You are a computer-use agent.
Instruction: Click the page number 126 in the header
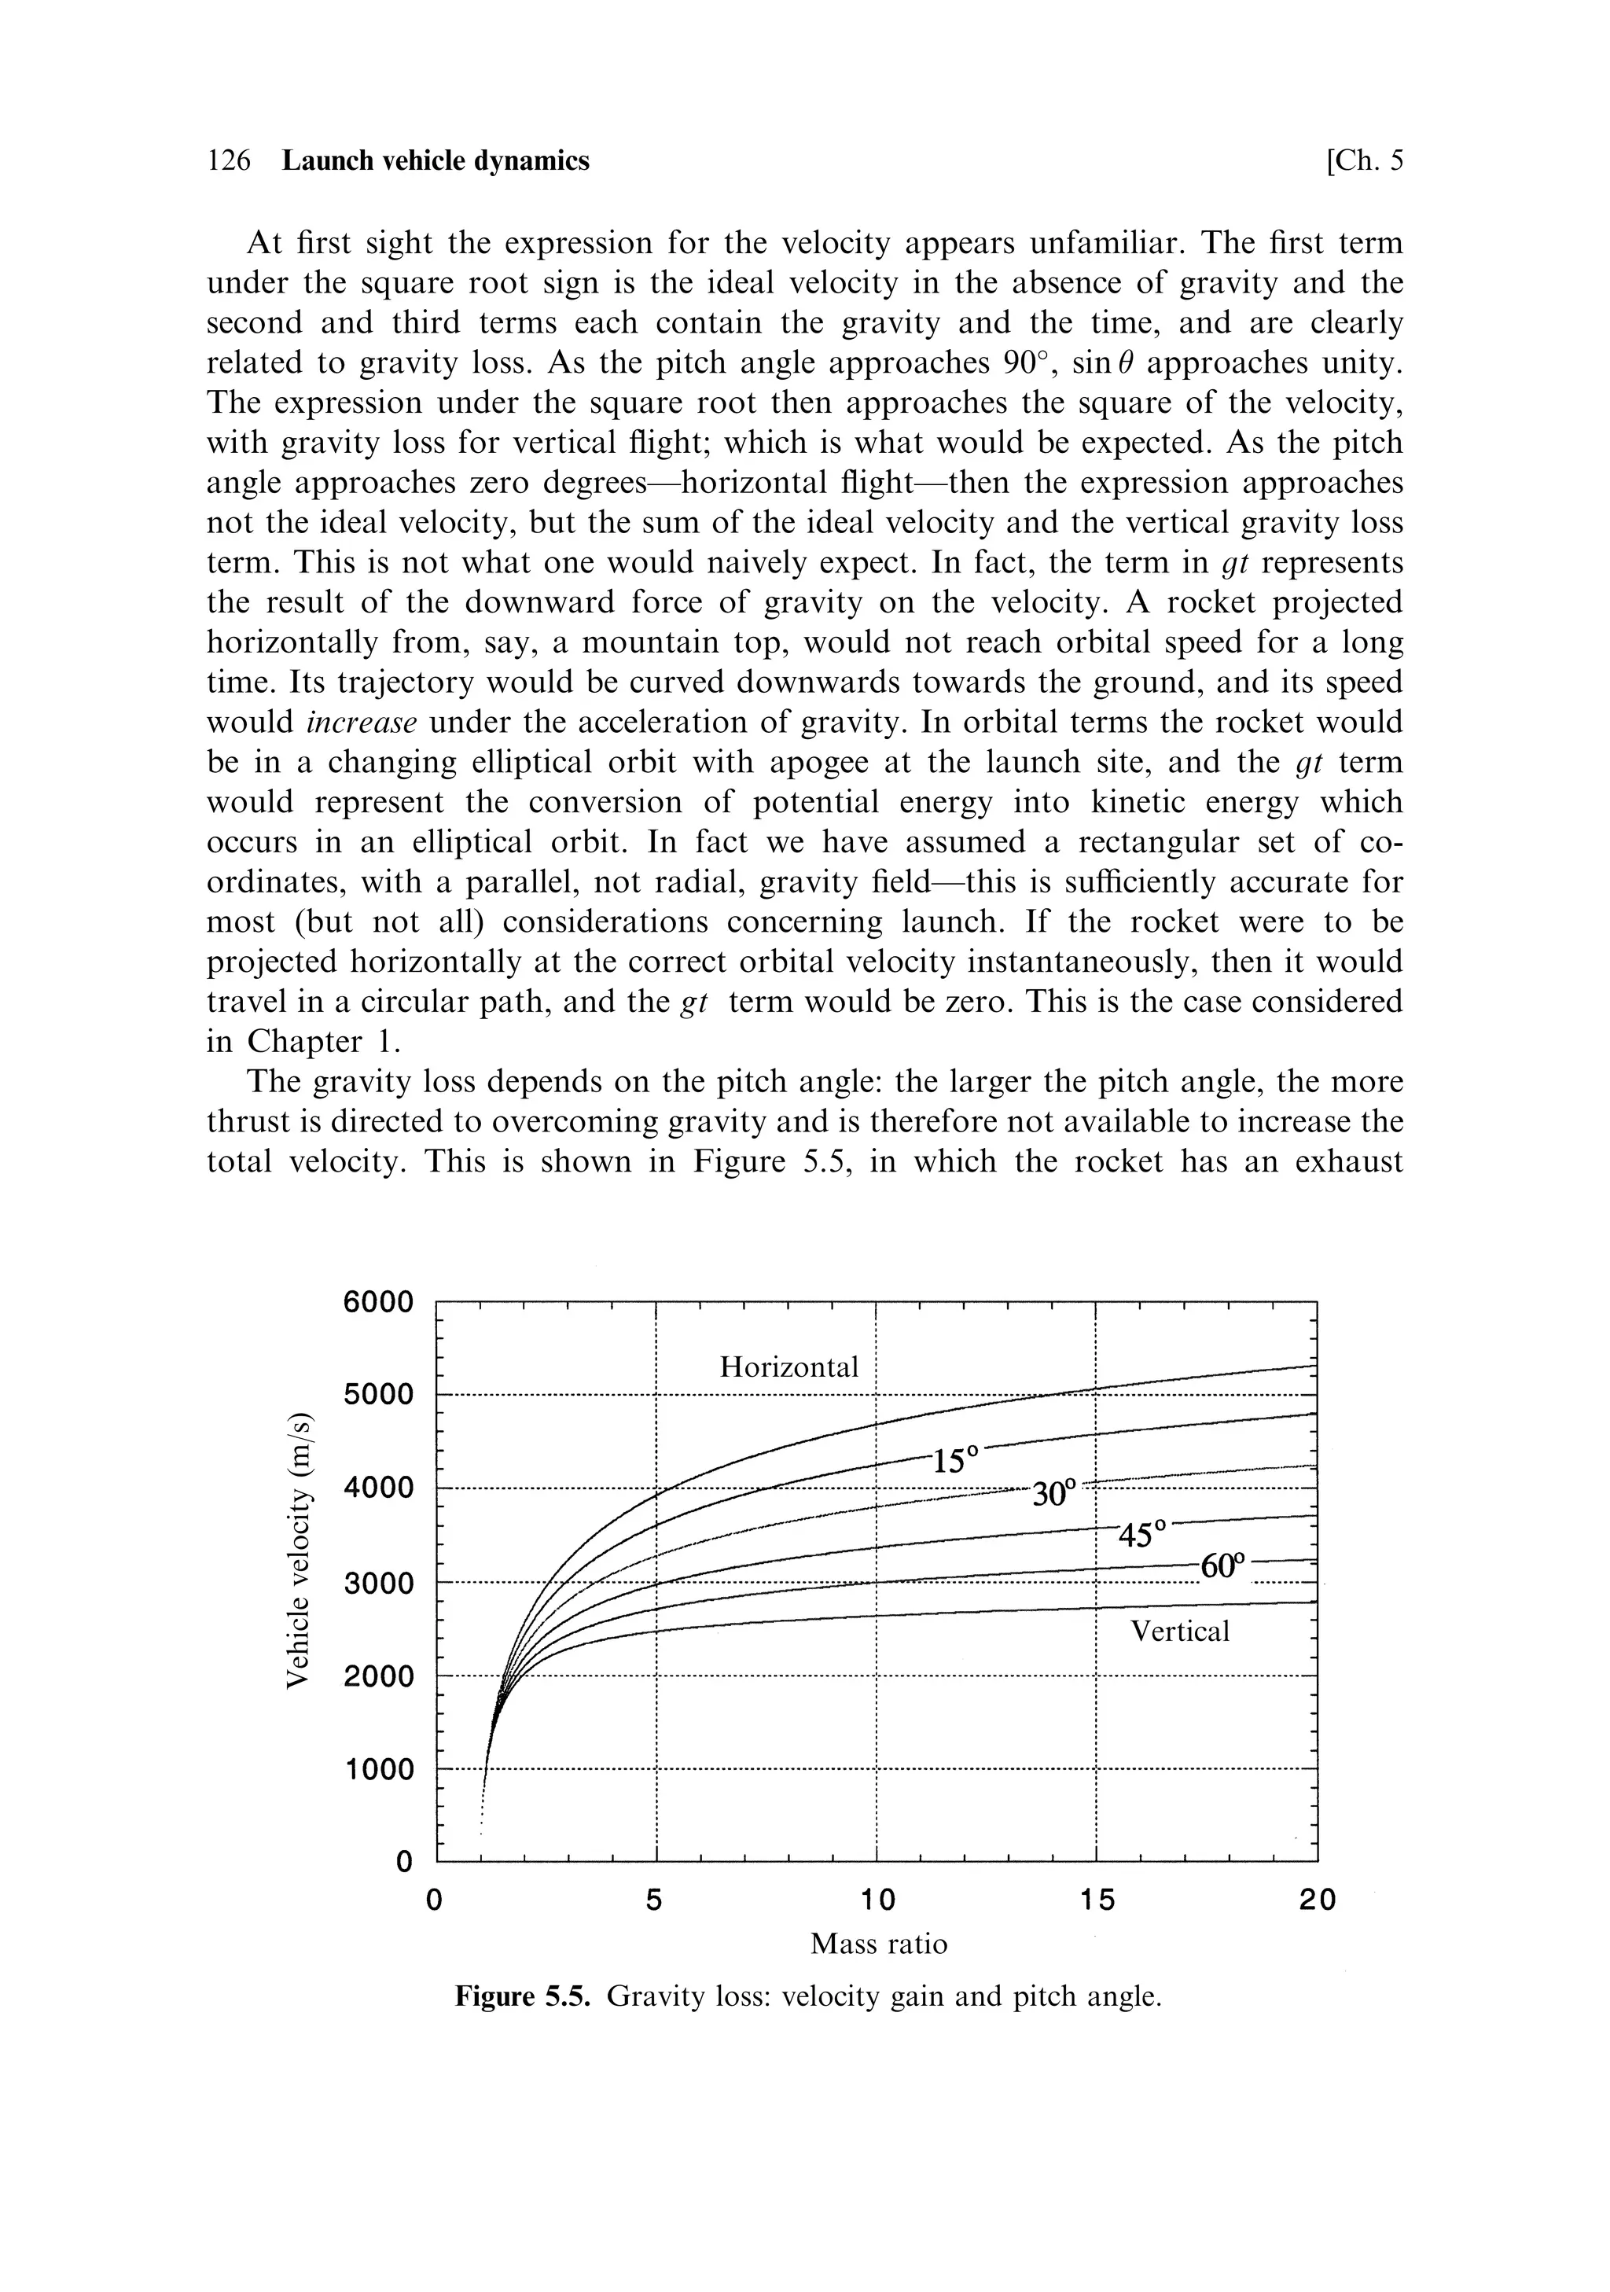tap(229, 160)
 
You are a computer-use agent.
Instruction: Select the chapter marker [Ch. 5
tap(1365, 160)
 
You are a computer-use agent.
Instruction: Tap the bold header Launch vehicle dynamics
tap(436, 160)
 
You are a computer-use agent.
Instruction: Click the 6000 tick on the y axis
tap(377, 1302)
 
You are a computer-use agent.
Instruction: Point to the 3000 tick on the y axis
tap(377, 1584)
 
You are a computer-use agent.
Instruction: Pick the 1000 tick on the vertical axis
tap(377, 1770)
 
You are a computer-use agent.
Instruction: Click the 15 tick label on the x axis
tap(1096, 1900)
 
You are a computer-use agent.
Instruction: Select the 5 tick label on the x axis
tap(655, 1900)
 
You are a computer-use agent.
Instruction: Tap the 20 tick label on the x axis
tap(1317, 1900)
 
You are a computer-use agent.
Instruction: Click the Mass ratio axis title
tap(878, 1944)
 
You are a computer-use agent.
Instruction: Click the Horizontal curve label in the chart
tap(788, 1367)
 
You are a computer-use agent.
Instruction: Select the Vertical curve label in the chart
tap(1180, 1632)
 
